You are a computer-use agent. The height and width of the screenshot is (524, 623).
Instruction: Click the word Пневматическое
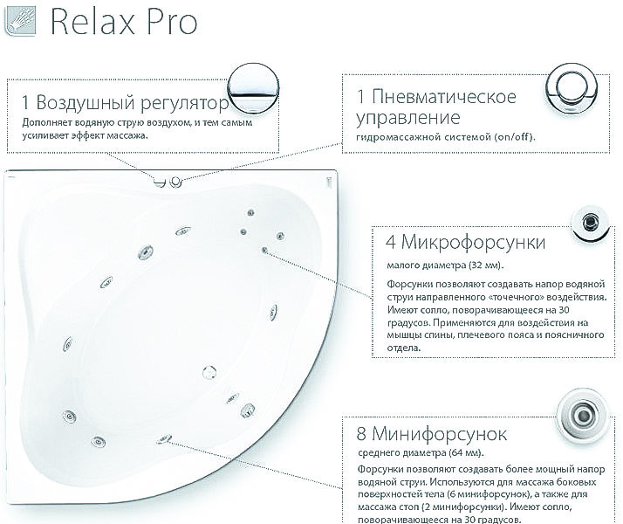(x=437, y=96)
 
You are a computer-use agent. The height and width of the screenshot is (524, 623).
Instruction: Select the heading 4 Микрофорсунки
(x=466, y=241)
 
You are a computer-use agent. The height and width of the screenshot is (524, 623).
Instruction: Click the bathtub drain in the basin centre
(x=209, y=373)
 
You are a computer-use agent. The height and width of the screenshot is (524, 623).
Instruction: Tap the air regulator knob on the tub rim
(x=159, y=182)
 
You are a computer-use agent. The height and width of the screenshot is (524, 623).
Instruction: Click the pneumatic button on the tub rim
(x=175, y=182)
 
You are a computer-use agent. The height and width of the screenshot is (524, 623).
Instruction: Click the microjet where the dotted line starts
(x=264, y=250)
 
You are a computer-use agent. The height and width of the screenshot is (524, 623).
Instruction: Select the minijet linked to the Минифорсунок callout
(x=163, y=439)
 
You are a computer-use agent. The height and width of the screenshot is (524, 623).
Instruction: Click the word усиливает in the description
(x=49, y=135)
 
